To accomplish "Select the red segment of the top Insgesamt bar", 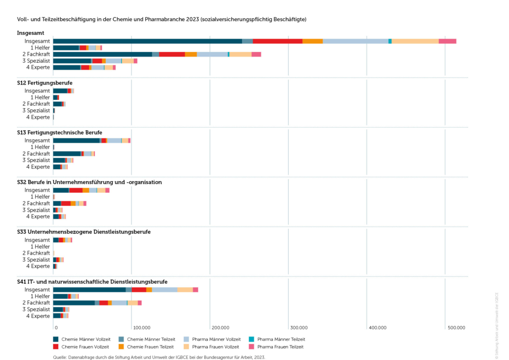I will tap(277, 41).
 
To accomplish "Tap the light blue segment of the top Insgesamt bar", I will tap(355, 41).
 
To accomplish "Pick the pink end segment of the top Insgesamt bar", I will tap(447, 41).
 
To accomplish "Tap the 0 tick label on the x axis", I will tap(56, 327).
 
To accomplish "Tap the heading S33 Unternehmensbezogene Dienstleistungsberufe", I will tap(84, 231).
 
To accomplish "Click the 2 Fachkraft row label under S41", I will tap(36, 303).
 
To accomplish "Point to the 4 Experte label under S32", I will tap(38, 217).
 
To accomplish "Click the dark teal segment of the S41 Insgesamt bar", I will tap(89, 290).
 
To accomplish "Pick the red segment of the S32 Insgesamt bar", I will tap(76, 190).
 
